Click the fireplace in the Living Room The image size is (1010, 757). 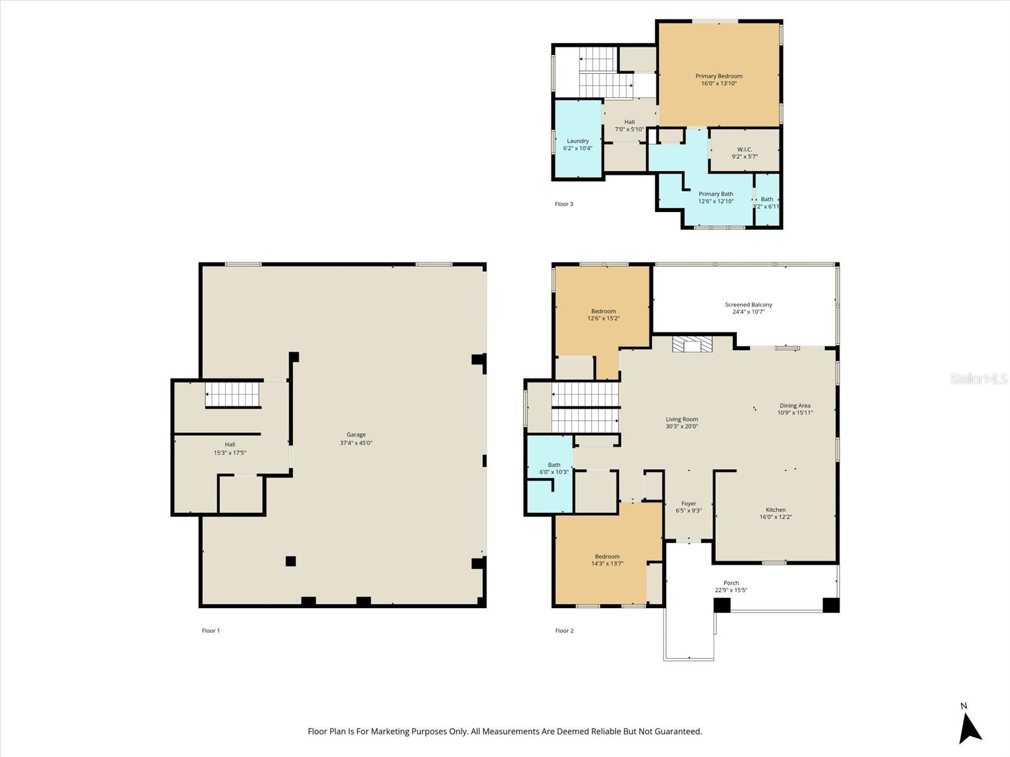(x=692, y=344)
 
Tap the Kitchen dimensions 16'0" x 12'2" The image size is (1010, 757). (x=776, y=517)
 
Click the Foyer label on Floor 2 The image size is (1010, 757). (x=689, y=503)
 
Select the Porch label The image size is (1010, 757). (x=731, y=583)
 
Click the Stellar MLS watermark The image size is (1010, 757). (x=978, y=378)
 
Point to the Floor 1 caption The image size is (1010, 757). (x=211, y=630)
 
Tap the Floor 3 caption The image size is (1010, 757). (x=564, y=204)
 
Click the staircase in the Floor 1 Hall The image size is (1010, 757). (x=233, y=395)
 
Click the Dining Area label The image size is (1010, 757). (x=795, y=406)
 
